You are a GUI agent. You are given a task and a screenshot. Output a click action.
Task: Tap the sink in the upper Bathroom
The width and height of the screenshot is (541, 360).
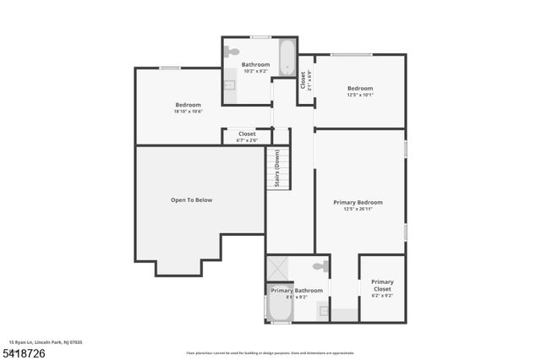229,85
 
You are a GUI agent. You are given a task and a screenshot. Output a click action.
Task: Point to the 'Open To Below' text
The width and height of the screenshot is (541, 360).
191,200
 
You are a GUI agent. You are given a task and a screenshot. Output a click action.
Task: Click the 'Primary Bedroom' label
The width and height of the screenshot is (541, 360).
358,203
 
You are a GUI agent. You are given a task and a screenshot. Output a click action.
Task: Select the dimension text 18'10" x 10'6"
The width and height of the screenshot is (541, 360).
188,111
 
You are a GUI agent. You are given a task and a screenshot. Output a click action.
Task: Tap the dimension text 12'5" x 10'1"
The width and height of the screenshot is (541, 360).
359,95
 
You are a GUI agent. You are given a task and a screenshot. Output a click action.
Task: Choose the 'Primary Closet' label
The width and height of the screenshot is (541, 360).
382,286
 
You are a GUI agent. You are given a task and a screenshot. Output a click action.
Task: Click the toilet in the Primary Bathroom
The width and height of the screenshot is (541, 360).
320,267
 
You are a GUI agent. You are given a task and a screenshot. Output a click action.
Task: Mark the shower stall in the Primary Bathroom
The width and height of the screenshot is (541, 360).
277,269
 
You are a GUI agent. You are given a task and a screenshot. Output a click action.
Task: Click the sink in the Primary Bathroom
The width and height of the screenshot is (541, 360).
324,311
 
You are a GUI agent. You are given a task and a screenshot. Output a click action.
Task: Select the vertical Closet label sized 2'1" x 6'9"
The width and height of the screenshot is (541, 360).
303,80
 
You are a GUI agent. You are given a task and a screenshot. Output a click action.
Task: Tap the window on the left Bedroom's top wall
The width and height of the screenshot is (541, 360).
170,68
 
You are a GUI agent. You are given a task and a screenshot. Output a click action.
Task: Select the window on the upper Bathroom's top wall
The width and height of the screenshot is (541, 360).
260,36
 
